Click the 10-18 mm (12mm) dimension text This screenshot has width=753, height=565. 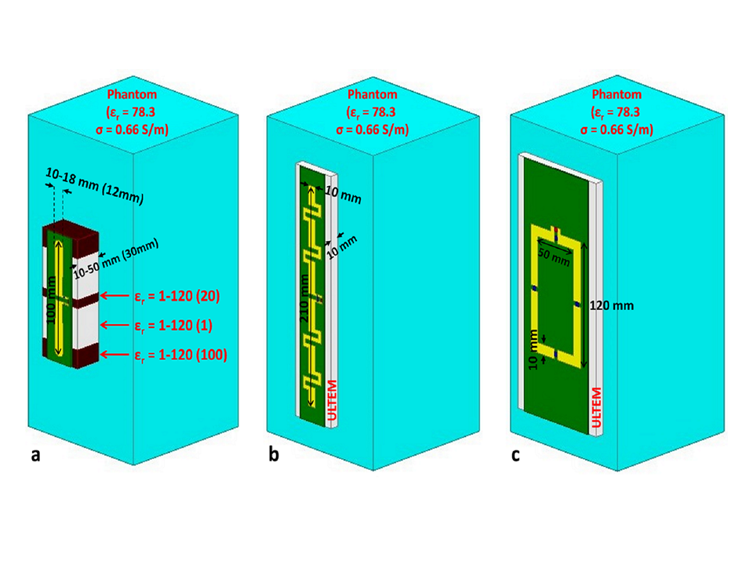(93, 187)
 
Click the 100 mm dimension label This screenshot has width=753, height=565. (52, 297)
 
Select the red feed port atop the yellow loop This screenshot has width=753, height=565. (556, 230)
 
